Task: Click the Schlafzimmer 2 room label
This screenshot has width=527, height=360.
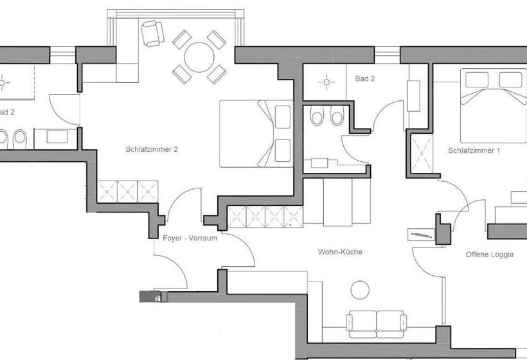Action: click(x=152, y=149)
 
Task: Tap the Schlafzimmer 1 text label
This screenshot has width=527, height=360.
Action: click(x=474, y=150)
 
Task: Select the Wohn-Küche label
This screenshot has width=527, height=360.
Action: click(x=340, y=252)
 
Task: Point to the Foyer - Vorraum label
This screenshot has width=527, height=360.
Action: click(x=190, y=238)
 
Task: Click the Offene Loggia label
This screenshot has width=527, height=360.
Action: click(x=489, y=255)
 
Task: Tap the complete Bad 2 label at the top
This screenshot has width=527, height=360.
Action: click(x=364, y=78)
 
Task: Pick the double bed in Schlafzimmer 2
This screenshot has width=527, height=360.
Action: click(x=256, y=133)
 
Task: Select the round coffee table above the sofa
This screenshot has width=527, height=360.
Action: click(x=360, y=290)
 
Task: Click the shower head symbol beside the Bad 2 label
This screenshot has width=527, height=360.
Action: click(x=326, y=82)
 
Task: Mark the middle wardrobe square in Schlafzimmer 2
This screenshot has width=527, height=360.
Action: click(x=127, y=191)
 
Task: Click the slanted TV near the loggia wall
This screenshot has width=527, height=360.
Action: click(x=420, y=233)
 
